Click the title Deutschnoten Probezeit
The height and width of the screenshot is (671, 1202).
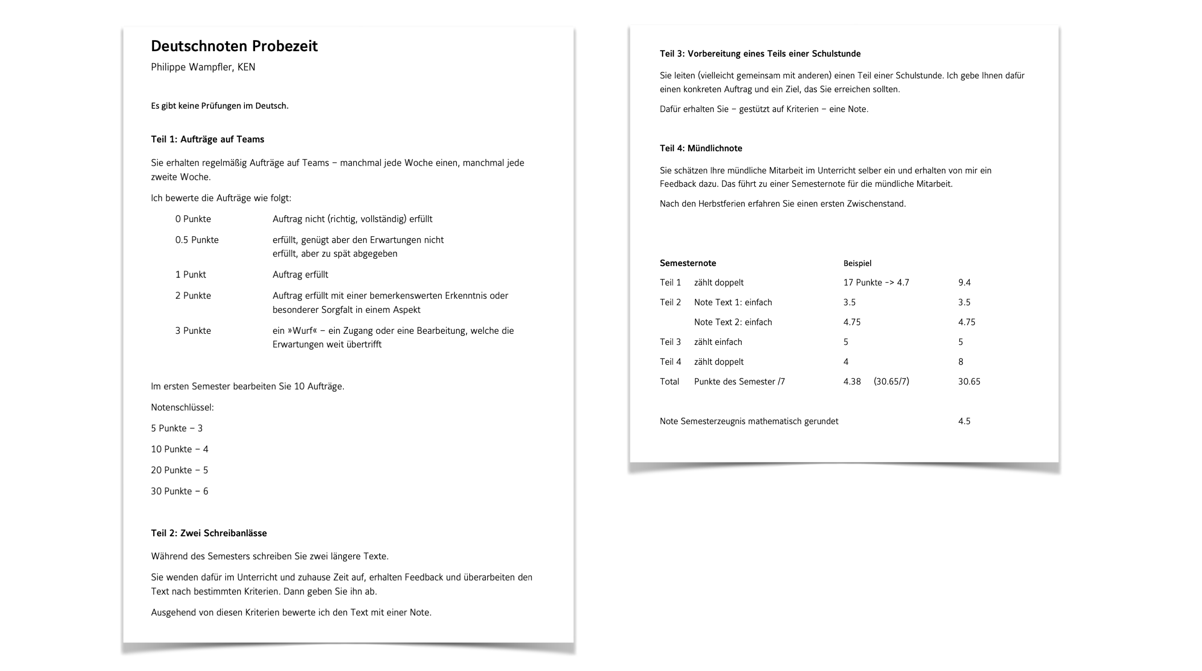point(234,46)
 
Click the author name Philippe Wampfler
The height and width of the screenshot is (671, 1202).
point(192,67)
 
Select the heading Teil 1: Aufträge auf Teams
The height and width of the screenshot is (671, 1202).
point(207,139)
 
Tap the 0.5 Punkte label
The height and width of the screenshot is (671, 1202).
point(197,240)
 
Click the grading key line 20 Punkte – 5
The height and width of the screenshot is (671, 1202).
point(179,471)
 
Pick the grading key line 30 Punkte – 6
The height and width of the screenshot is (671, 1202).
point(179,492)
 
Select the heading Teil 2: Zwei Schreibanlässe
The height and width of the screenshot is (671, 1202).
point(209,533)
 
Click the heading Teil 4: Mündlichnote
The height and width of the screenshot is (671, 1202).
point(700,149)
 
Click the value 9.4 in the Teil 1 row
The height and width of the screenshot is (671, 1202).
point(964,283)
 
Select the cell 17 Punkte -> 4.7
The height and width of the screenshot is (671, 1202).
point(876,283)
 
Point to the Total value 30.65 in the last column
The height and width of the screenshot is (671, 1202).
point(969,382)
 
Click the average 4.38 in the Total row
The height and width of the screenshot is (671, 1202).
point(851,382)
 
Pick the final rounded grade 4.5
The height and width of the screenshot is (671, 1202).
point(964,422)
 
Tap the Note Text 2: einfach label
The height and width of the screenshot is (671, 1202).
point(732,323)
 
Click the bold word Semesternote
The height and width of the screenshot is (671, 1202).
point(687,263)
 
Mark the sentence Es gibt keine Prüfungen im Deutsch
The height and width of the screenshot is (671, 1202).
point(219,106)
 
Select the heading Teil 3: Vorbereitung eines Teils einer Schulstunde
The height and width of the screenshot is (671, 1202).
point(760,54)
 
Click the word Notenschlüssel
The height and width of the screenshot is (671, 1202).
point(182,408)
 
